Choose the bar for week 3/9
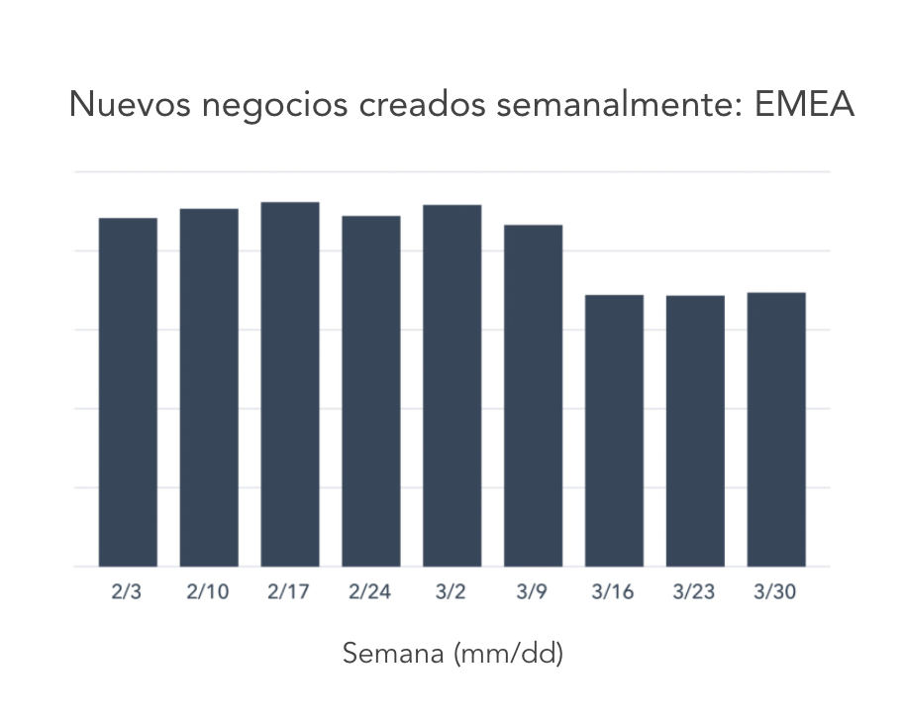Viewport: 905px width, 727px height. tap(534, 395)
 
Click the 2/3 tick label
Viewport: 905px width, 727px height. tap(127, 592)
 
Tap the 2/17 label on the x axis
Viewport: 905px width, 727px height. tap(289, 592)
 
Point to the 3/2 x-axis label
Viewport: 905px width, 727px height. tap(452, 592)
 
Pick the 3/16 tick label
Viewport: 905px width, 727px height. tap(614, 592)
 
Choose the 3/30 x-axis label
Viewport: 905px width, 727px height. tap(776, 592)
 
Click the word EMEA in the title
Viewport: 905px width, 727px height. tap(803, 104)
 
